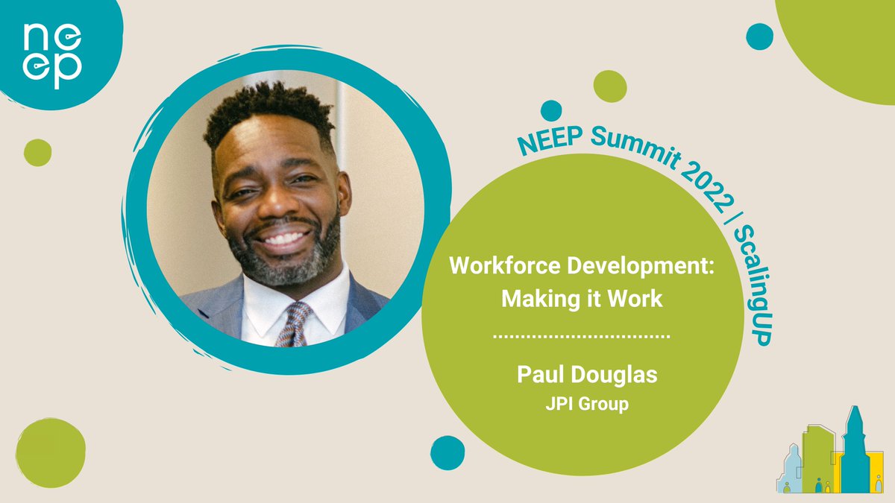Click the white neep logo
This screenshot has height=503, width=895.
click(x=51, y=56)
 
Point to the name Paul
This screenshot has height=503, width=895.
click(x=540, y=374)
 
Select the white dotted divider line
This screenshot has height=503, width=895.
click(x=582, y=337)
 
